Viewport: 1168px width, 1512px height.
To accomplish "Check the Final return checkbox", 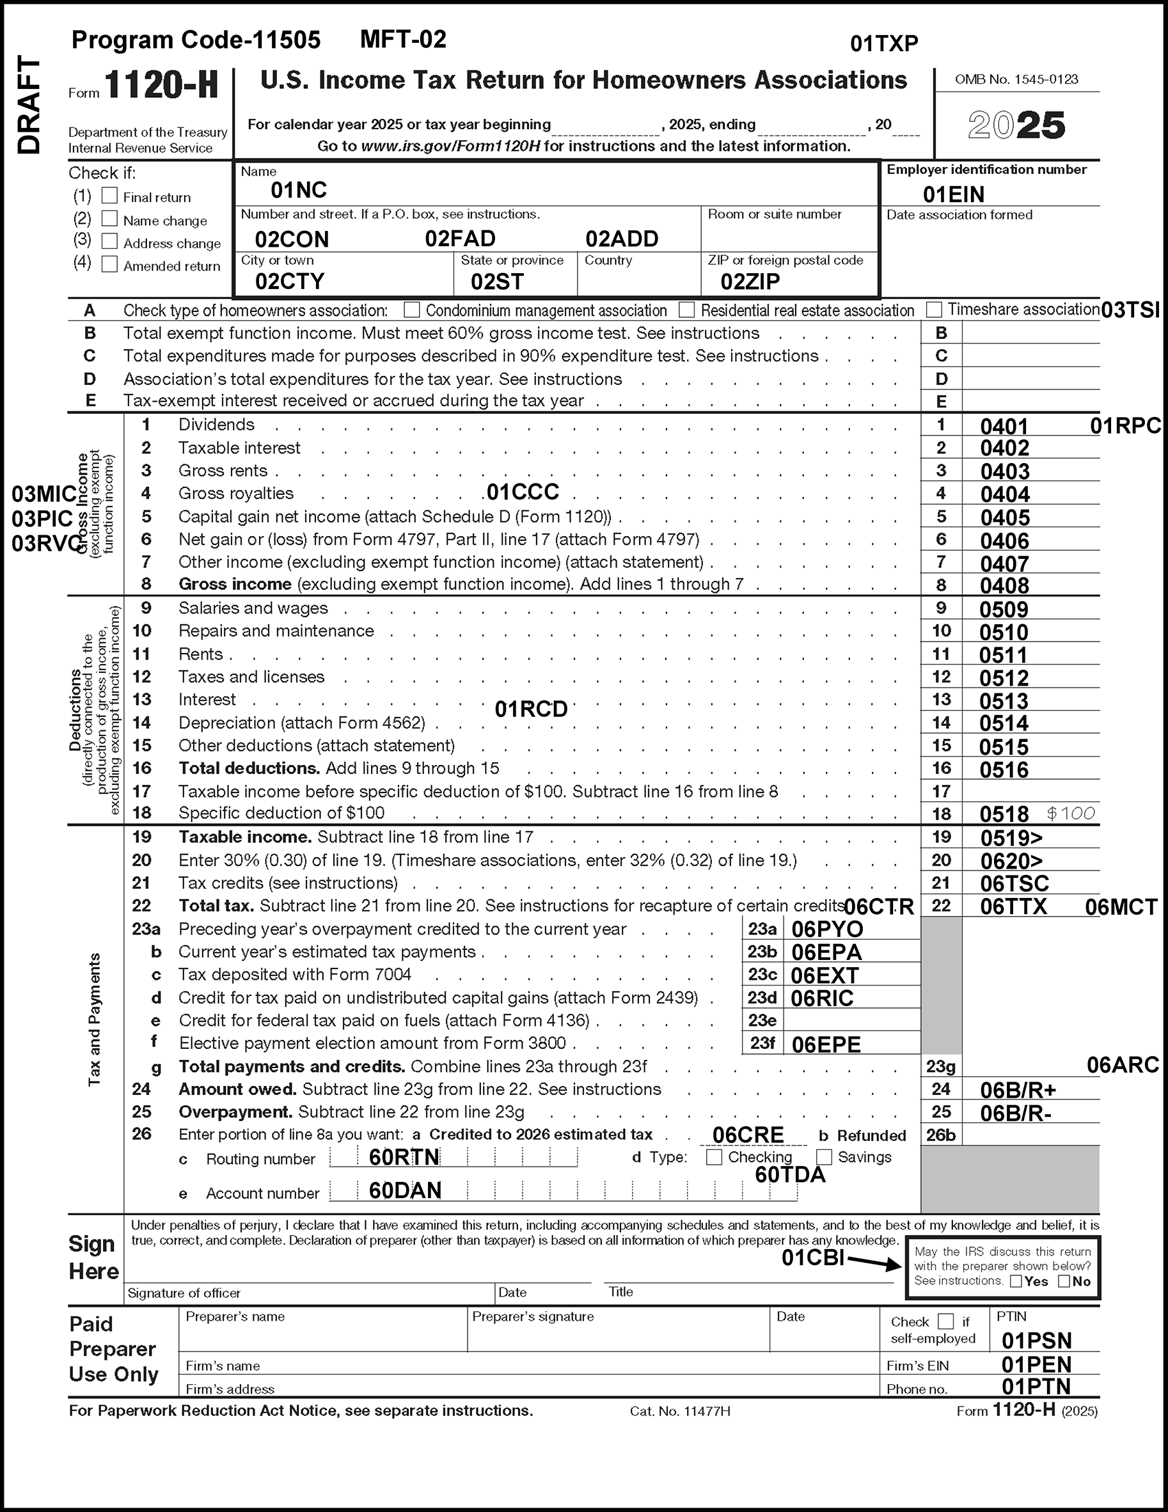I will click(109, 196).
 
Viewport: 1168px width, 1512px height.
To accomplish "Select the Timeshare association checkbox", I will click(934, 309).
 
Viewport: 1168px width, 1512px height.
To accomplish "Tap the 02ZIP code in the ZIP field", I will click(750, 282).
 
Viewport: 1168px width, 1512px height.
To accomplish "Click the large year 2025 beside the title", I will click(1016, 126).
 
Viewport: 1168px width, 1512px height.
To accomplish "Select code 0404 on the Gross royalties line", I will click(1005, 494).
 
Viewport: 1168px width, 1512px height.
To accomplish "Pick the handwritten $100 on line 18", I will click(1070, 814).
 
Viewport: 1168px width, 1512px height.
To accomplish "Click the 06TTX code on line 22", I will click(1013, 906).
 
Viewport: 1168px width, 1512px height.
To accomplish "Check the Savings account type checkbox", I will click(824, 1157).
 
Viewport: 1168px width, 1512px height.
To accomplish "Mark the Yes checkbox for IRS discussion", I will click(1016, 1282).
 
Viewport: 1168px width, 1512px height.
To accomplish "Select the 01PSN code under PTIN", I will click(1036, 1341).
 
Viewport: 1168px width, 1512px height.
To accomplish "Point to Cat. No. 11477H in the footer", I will click(680, 1411).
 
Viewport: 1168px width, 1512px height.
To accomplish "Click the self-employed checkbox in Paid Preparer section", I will click(945, 1321).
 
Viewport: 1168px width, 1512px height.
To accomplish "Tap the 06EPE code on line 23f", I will click(826, 1044).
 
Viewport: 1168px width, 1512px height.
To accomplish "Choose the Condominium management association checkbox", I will click(412, 310).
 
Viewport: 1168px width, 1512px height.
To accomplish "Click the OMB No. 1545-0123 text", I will click(1016, 79).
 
